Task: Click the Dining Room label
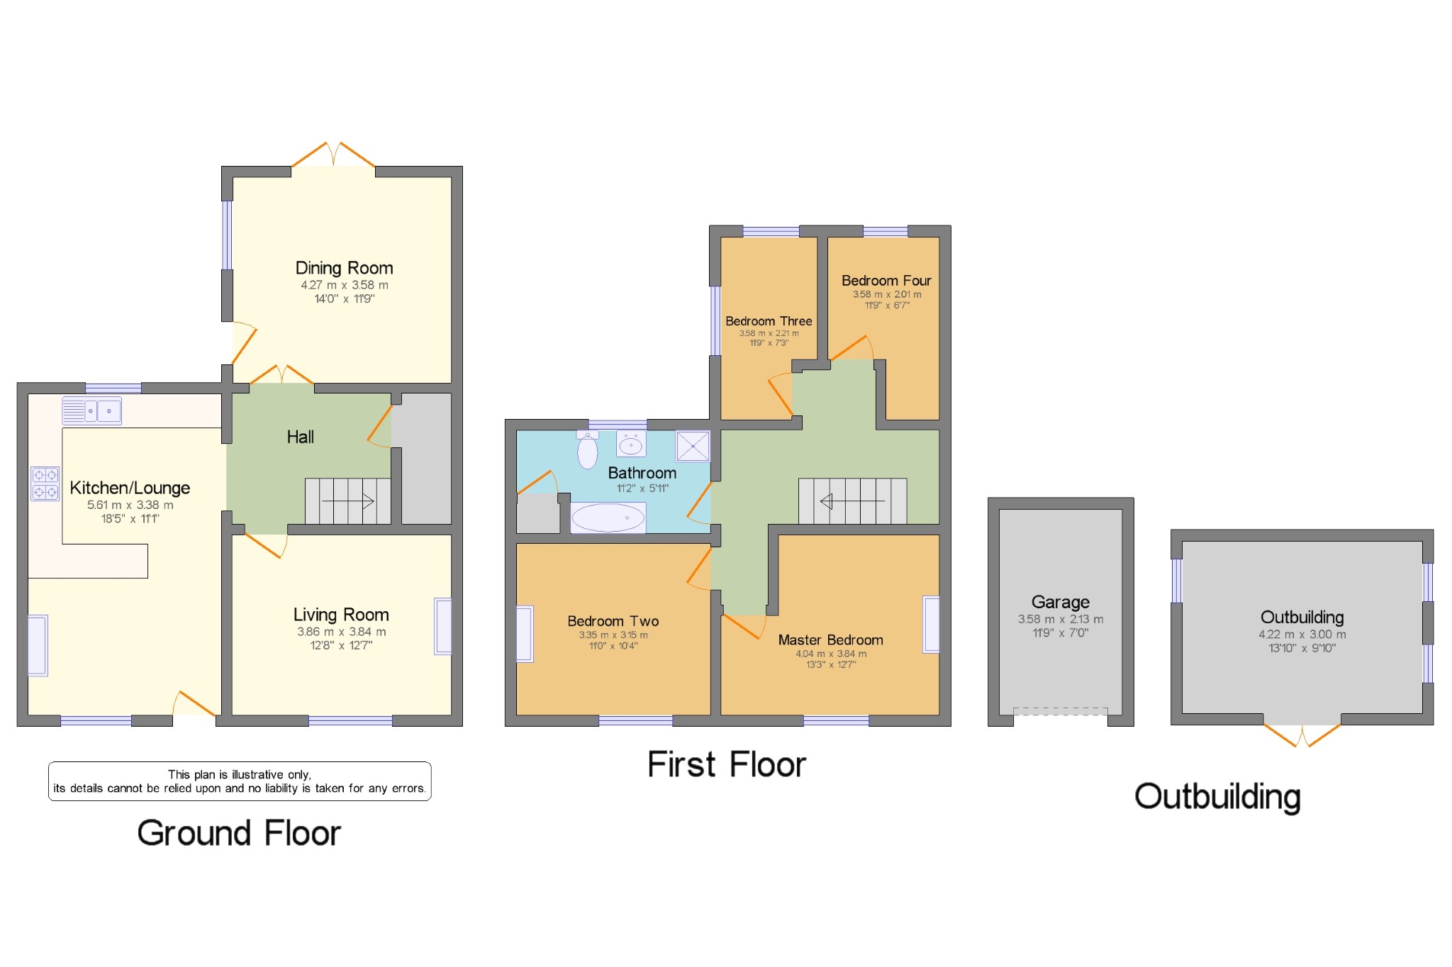[x=344, y=268]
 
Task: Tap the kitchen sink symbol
[x=92, y=410]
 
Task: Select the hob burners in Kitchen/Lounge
[x=45, y=483]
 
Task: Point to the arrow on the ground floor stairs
[x=348, y=501]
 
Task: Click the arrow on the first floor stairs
[x=851, y=501]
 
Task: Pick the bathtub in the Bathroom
[x=608, y=518]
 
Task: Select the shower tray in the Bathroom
[x=692, y=446]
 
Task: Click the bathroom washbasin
[x=630, y=445]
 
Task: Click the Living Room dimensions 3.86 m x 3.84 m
[x=341, y=632]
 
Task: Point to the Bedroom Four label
[x=886, y=281]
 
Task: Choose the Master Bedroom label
[x=830, y=640]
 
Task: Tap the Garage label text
[x=1060, y=602]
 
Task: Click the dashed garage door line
[x=1060, y=710]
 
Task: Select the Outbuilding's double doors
[x=1302, y=735]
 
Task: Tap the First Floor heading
[x=727, y=765]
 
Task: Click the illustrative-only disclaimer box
[x=240, y=781]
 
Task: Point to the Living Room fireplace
[x=443, y=626]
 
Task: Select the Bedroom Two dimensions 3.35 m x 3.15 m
[x=613, y=635]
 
